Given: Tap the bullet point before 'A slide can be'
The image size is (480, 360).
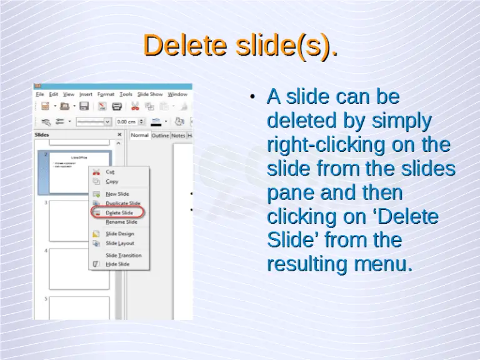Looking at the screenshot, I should [251, 97].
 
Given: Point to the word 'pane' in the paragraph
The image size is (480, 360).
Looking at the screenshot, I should [291, 192].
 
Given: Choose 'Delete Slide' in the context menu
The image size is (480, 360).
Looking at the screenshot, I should [119, 213].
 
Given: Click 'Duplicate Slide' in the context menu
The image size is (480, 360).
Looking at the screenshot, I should [122, 204].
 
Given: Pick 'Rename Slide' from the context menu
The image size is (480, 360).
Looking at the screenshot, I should [121, 222].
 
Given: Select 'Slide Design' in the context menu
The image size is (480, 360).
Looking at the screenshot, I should [119, 234].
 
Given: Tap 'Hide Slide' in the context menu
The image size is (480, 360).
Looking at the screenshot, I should [117, 264].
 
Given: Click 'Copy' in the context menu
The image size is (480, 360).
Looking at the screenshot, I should [112, 181].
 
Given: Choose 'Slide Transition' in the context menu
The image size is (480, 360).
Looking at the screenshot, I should [123, 255].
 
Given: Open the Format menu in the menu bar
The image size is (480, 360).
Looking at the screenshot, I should [106, 94].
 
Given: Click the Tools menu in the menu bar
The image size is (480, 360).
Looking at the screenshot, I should [126, 94].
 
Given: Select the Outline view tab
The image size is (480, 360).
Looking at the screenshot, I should [161, 136].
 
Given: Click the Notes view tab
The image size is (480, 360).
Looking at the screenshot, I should [178, 136].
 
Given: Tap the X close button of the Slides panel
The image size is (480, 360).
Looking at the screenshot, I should [119, 134].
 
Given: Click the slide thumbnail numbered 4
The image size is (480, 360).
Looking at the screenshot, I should [79, 269].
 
